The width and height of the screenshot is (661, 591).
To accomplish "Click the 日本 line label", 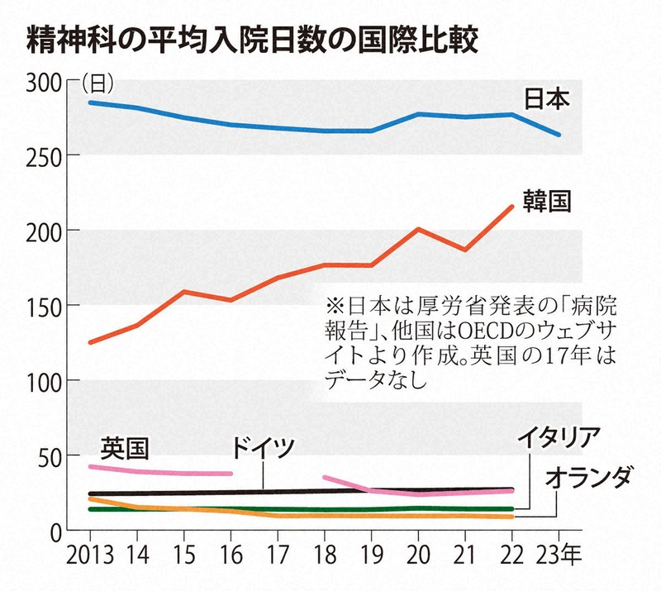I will [x=547, y=100].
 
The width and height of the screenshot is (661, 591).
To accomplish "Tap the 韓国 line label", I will [x=547, y=201].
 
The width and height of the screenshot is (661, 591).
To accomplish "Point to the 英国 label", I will [x=124, y=447].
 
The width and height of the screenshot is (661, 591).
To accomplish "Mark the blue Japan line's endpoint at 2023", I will [x=559, y=135].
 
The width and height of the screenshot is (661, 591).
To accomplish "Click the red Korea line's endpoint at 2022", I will [x=512, y=207].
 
